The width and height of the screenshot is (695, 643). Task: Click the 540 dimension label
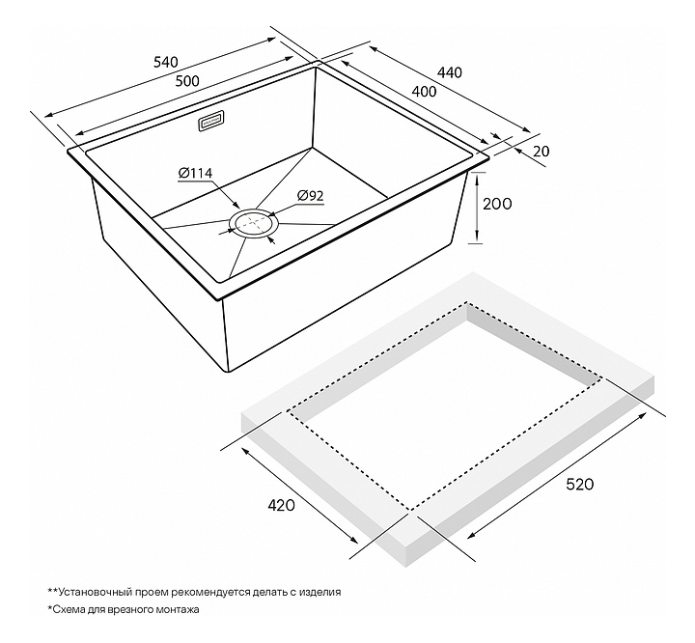[x=166, y=62]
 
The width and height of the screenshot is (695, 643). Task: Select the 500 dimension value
[x=187, y=81]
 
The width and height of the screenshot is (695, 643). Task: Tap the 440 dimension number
[x=450, y=72]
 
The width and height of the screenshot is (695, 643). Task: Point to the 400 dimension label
[x=424, y=92]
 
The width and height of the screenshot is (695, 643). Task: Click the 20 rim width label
[x=541, y=152]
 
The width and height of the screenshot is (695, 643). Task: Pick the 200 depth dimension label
[x=497, y=204]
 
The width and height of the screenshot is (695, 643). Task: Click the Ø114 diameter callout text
[x=195, y=173]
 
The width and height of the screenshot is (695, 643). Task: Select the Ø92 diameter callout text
[x=310, y=196]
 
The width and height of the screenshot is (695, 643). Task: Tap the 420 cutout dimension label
[x=282, y=505]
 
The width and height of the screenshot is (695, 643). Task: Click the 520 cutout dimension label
[x=580, y=484]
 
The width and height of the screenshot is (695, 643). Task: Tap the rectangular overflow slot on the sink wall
[x=210, y=122]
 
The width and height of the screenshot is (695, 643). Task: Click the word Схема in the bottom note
[x=66, y=609]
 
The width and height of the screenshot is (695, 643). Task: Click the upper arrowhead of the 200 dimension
[x=478, y=179]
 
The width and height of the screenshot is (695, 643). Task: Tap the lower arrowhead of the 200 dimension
[x=477, y=236]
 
